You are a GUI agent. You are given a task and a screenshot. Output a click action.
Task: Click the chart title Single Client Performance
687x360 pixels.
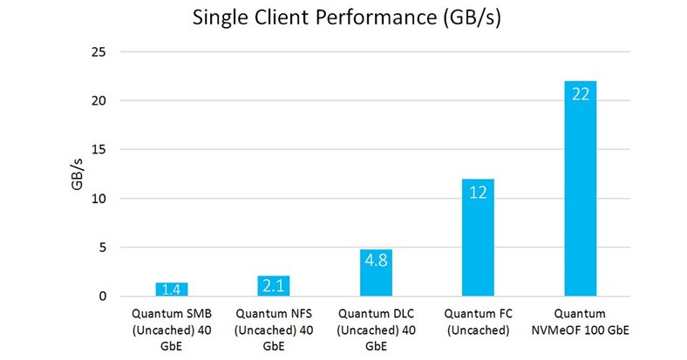coord(343,20)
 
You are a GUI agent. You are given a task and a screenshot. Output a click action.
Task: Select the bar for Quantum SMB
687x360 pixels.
coord(171,289)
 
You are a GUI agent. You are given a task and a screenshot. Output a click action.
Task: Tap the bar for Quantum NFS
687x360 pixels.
coord(273,286)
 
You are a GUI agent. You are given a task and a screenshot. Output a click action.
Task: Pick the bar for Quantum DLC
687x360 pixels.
coord(375,273)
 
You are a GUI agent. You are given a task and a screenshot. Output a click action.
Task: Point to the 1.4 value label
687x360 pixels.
coord(171,289)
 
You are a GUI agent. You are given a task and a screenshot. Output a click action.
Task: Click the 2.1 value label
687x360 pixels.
coord(273,286)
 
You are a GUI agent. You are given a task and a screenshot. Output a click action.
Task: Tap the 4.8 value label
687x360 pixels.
coord(375,260)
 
